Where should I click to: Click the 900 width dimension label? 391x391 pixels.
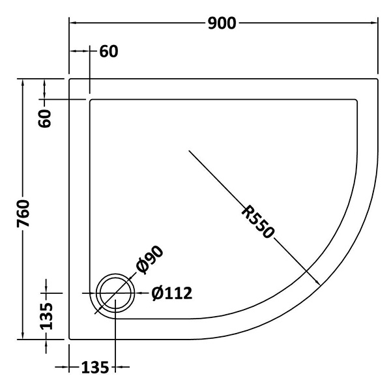click(222, 23)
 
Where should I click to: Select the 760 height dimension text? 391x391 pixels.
click(23, 214)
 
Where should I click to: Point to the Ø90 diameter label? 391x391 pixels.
click(150, 260)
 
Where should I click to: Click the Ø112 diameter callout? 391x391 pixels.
click(172, 293)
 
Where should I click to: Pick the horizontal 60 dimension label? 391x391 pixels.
click(109, 51)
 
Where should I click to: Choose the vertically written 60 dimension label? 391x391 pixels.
click(45, 118)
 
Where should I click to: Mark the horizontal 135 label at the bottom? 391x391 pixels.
click(95, 368)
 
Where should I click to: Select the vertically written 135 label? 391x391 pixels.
click(46, 316)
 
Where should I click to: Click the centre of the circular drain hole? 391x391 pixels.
click(115, 293)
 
